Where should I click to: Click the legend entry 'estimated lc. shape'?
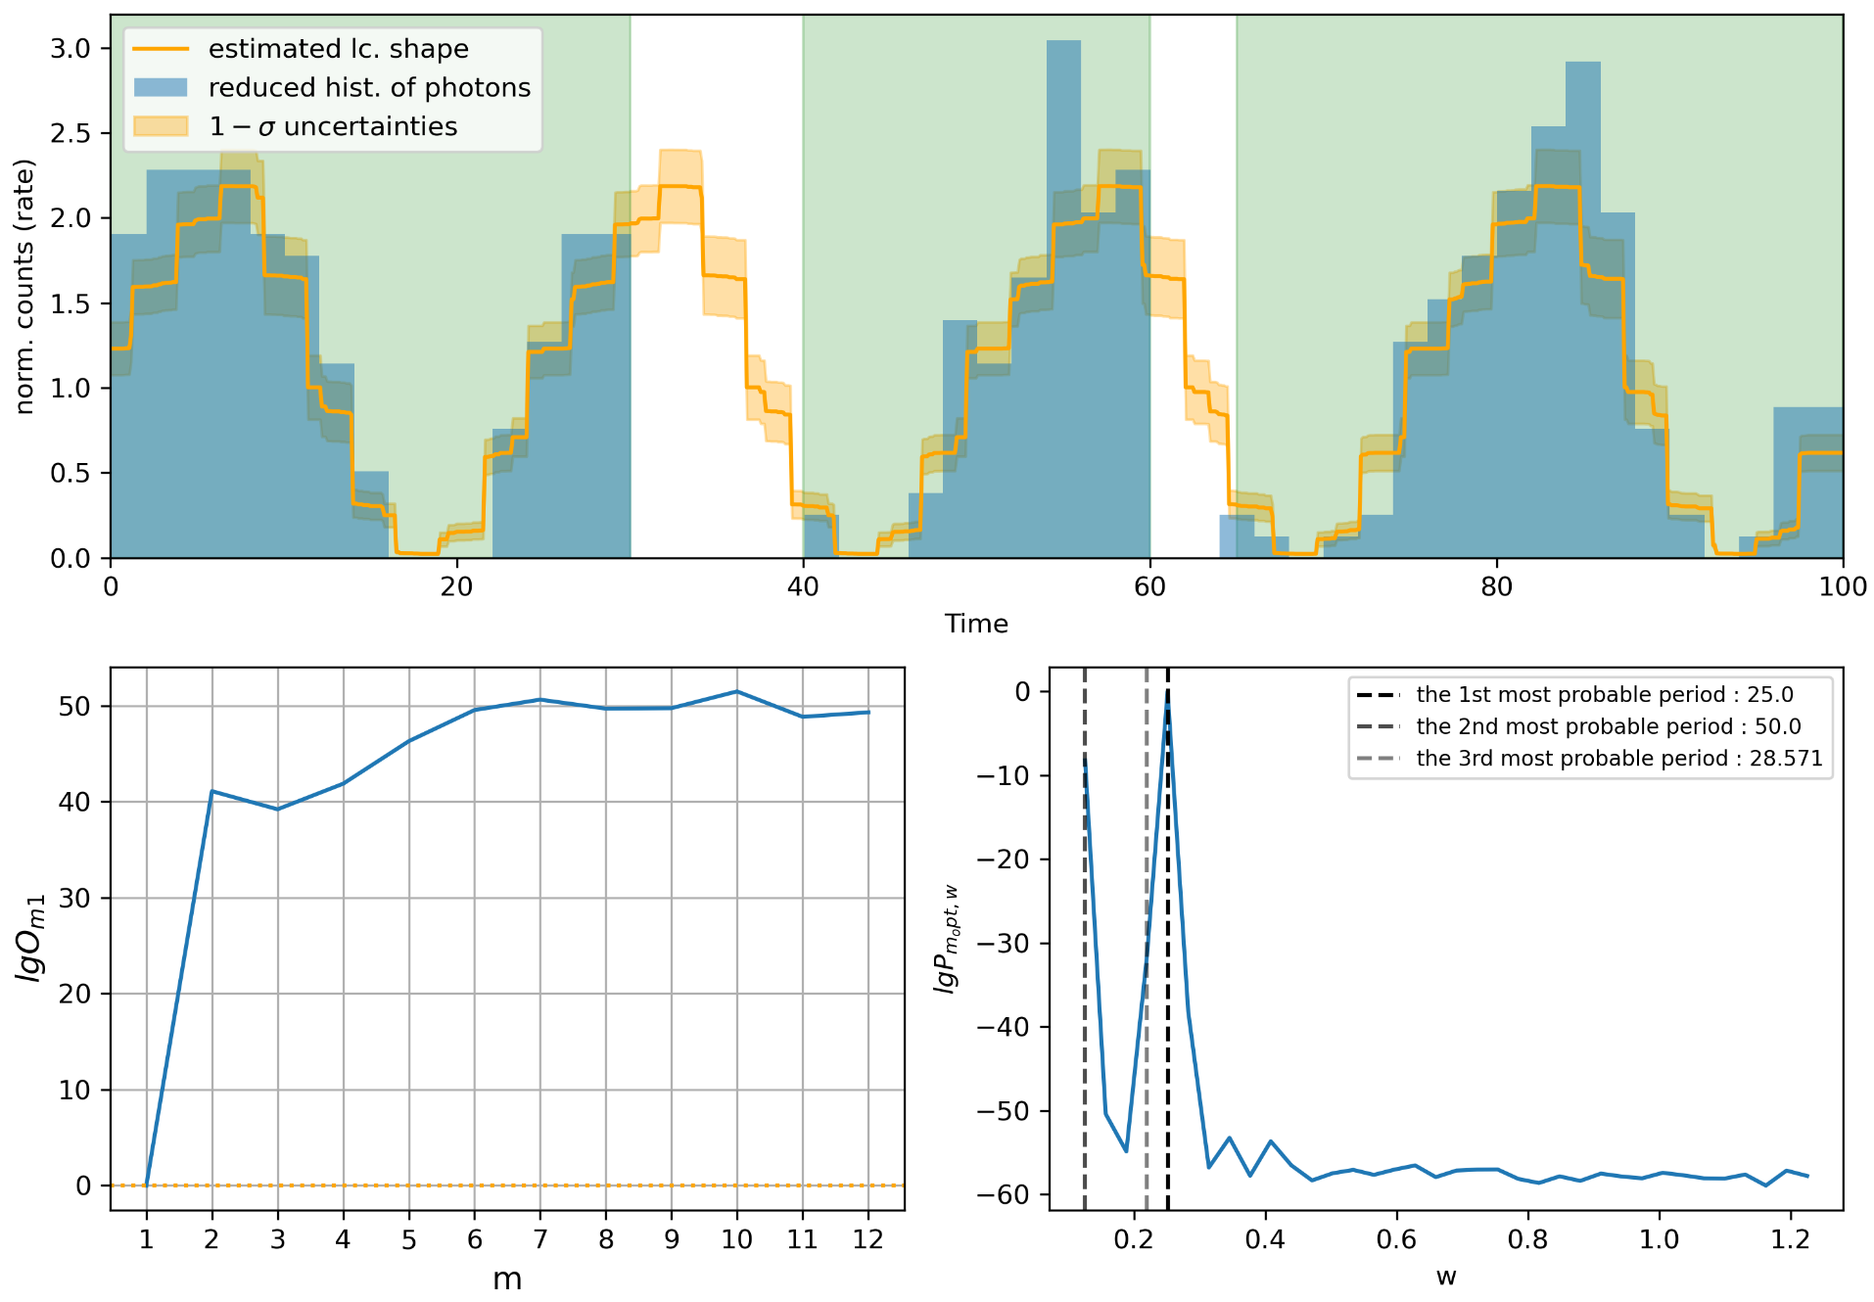(x=338, y=49)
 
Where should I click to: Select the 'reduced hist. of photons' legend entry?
(x=368, y=88)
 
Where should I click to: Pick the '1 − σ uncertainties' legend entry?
(x=333, y=127)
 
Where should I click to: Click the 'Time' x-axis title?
(x=976, y=624)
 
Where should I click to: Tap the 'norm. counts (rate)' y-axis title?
(x=24, y=287)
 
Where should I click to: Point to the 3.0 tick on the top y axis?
(x=70, y=49)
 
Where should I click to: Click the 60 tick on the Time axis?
(x=1149, y=586)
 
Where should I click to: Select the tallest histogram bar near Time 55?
(x=1063, y=294)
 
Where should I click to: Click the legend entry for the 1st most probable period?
(x=1604, y=695)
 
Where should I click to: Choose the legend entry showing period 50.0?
(x=1608, y=726)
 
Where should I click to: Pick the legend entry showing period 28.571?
(x=1618, y=759)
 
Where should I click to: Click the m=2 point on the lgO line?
(x=212, y=791)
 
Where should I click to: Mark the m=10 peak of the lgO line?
(x=736, y=692)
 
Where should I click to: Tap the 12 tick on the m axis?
(x=867, y=1239)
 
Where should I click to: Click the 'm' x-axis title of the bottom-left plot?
(x=507, y=1279)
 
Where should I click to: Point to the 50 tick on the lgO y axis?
(x=74, y=707)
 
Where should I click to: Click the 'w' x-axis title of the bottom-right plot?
(x=1446, y=1278)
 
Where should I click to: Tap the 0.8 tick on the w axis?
(x=1527, y=1239)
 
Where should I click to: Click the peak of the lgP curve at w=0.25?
(x=1168, y=693)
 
